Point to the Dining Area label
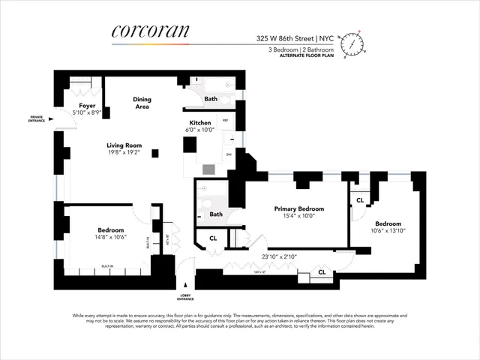point(142,103)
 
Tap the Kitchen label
point(200,122)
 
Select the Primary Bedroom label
point(299,208)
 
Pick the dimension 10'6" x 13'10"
point(388,232)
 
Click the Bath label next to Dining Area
point(211,98)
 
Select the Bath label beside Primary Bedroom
point(216,214)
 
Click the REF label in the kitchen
point(225,120)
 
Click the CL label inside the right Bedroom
point(360,200)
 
